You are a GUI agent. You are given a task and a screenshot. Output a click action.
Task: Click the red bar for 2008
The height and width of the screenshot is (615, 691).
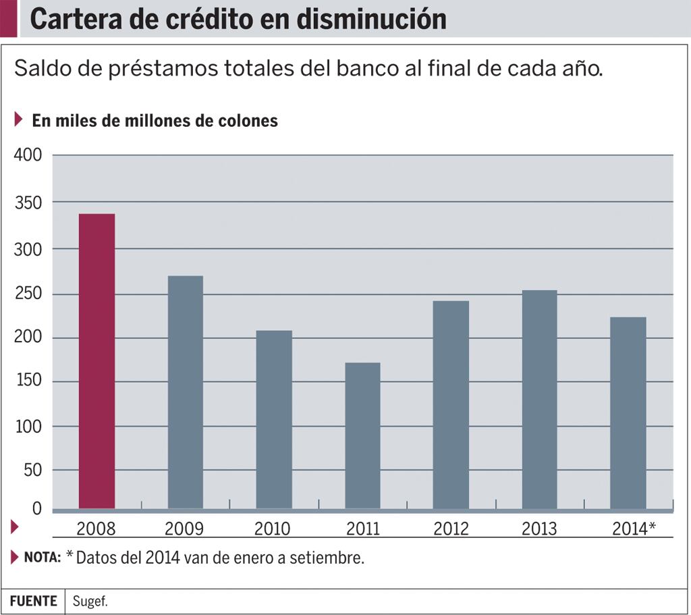tap(96, 361)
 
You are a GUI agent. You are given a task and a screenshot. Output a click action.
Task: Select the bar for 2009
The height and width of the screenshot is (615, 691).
tap(185, 392)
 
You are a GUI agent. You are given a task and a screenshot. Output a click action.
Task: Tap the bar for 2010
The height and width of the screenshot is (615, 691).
tap(274, 419)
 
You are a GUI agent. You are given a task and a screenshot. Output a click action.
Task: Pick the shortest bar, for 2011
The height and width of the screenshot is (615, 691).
tap(362, 435)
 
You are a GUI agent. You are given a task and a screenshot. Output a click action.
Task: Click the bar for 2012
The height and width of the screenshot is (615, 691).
tap(451, 404)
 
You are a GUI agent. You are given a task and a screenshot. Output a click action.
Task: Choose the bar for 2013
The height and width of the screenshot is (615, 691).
tap(539, 399)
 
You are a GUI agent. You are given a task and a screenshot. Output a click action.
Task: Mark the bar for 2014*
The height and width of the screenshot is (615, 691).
tap(628, 412)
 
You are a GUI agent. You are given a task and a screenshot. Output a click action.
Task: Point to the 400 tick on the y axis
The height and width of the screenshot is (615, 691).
tap(28, 155)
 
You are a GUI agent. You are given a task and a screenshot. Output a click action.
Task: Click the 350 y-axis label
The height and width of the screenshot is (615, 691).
tap(28, 203)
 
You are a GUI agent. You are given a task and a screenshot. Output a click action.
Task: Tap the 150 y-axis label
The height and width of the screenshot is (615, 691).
tap(28, 381)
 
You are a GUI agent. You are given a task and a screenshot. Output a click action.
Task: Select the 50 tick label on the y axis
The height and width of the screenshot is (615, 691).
tap(32, 470)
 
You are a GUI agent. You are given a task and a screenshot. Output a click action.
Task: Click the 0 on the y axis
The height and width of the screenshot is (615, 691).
tap(37, 509)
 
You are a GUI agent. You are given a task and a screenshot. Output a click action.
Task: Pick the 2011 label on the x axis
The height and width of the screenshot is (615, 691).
tap(362, 529)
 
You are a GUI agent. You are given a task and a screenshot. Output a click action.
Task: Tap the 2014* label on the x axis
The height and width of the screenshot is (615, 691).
tap(634, 529)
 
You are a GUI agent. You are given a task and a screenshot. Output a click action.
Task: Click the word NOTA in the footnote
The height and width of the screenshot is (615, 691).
tap(43, 558)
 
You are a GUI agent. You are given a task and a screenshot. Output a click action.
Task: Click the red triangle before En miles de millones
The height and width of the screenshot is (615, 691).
tap(19, 120)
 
